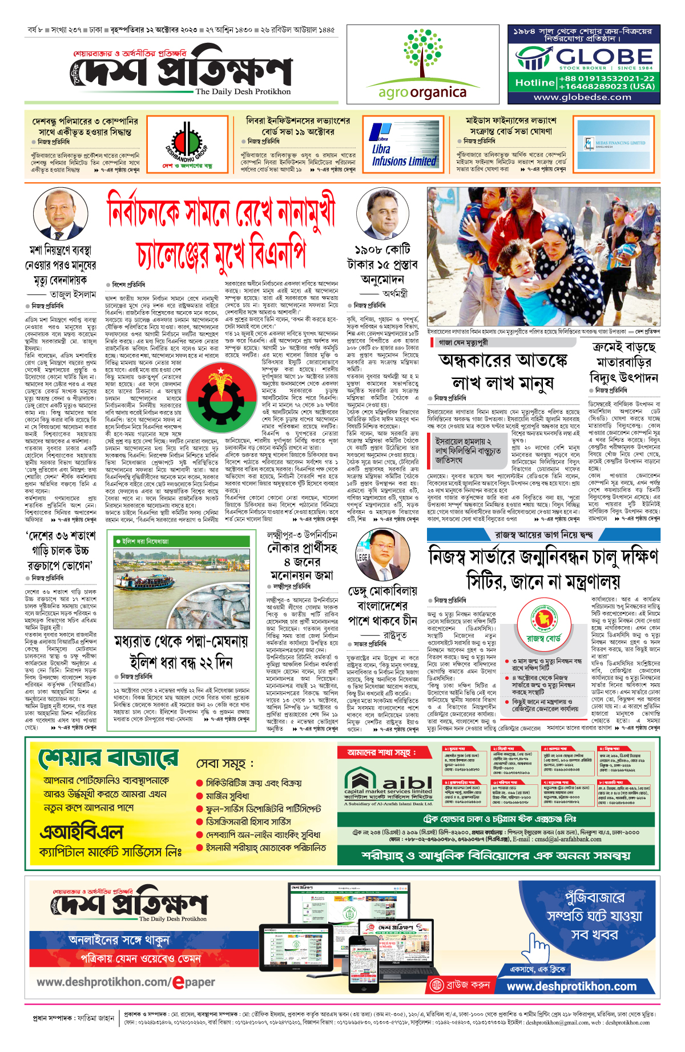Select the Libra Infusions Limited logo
pos(403,146)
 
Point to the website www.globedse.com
pos(582,97)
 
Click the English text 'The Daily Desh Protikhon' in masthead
pos(243,91)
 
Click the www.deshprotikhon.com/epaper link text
pos(126,982)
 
